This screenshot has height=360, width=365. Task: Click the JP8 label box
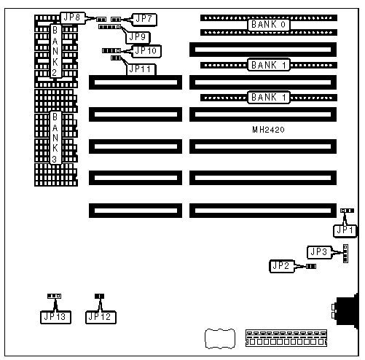point(73,17)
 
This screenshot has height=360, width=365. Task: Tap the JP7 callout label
point(144,20)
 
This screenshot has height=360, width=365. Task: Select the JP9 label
point(138,37)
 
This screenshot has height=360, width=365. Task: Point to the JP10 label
point(146,51)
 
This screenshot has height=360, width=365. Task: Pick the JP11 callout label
point(141,69)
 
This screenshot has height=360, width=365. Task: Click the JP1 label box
point(345,230)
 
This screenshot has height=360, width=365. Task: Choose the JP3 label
point(319,252)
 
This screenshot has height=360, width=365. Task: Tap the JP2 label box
point(282,266)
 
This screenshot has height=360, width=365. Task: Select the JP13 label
point(55,317)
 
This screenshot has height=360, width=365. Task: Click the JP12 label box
point(101,317)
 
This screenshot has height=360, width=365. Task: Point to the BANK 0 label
point(268,25)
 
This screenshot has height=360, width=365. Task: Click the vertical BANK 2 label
point(55,51)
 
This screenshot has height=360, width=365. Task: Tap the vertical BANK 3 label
point(55,138)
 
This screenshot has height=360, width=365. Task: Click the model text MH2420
point(268,130)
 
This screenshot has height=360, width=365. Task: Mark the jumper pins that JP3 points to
point(345,254)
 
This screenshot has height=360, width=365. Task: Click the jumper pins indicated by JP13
point(54,296)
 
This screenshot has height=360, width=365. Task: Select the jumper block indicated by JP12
point(99,296)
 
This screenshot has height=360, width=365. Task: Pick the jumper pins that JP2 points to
point(311,267)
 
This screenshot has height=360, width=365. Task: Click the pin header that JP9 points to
point(109,27)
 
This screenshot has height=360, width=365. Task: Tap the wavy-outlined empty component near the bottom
point(220,339)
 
